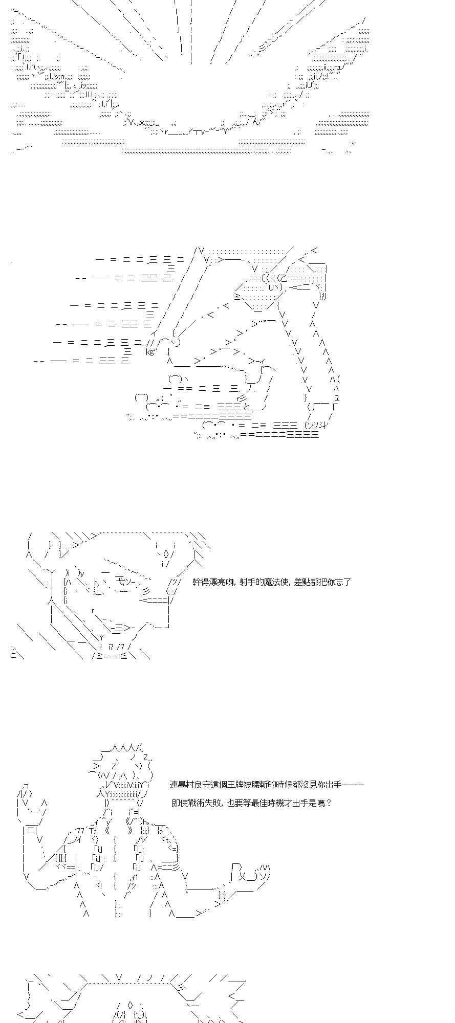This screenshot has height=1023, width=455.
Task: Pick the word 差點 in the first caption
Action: [302, 582]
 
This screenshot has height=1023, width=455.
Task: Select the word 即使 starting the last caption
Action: [180, 803]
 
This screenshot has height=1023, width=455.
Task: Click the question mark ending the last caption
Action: [329, 803]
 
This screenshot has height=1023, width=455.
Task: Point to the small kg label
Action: [150, 351]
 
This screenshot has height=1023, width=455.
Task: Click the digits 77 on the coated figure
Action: [79, 830]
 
